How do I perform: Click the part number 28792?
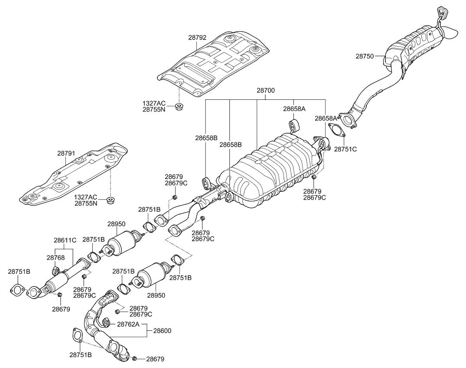click(197, 38)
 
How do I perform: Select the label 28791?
click(66, 153)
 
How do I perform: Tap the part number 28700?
click(266, 91)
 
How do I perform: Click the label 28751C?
click(345, 149)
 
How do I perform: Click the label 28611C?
click(65, 240)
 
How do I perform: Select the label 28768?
click(55, 257)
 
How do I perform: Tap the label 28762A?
click(127, 324)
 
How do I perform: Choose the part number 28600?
click(162, 330)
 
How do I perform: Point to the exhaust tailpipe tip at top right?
click(451, 33)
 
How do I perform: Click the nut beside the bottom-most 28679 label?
click(135, 358)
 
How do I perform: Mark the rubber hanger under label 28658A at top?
click(292, 126)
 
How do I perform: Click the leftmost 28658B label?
click(206, 138)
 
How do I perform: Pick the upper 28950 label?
click(116, 224)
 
